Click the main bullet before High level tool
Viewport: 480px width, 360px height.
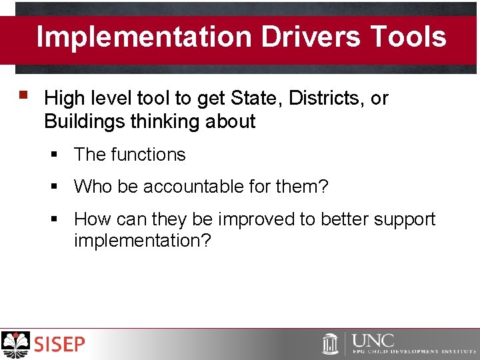[25, 97]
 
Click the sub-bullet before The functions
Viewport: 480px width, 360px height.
[55, 155]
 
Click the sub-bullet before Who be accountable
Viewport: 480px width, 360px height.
[55, 187]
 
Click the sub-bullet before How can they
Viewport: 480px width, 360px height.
[55, 219]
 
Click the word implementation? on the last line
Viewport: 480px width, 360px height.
[142, 241]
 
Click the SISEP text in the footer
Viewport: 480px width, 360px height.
[60, 345]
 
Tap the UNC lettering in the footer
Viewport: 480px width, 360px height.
[373, 340]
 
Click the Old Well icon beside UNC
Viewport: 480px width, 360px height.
[330, 344]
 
